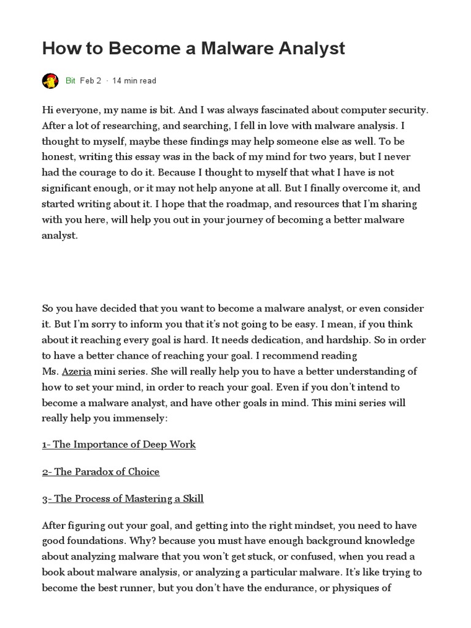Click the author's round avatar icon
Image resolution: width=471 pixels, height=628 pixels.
[50, 80]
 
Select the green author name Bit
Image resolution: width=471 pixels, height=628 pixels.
[70, 80]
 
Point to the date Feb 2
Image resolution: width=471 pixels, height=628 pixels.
[91, 80]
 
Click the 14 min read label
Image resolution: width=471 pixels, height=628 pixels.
[134, 80]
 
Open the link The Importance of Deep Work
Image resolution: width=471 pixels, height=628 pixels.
[119, 444]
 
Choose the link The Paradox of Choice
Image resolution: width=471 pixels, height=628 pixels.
[101, 472]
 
